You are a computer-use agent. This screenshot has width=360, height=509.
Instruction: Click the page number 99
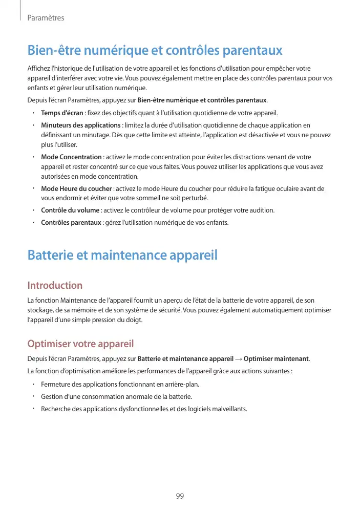pyautogui.click(x=180, y=496)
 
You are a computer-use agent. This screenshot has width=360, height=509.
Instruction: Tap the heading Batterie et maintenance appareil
pyautogui.click(x=122, y=255)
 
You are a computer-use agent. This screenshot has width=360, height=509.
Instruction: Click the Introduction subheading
pyautogui.click(x=55, y=285)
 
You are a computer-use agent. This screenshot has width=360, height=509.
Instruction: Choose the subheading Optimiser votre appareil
pyautogui.click(x=80, y=343)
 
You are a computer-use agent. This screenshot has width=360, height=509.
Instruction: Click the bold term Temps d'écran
pyautogui.click(x=62, y=113)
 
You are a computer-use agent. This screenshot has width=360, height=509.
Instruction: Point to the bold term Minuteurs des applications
pyautogui.click(x=80, y=125)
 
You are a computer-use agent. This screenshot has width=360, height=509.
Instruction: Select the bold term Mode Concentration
pyautogui.click(x=71, y=157)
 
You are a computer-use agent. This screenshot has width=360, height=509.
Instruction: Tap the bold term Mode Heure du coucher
pyautogui.click(x=76, y=189)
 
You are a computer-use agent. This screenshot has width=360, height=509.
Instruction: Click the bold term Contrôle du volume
pyautogui.click(x=70, y=210)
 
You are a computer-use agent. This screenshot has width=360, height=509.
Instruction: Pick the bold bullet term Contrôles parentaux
pyautogui.click(x=71, y=223)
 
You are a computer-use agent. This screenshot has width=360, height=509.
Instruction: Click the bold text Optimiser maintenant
pyautogui.click(x=277, y=358)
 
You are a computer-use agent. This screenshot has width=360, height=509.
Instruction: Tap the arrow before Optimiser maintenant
pyautogui.click(x=239, y=358)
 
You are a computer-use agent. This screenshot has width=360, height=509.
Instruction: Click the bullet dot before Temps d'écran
pyautogui.click(x=33, y=113)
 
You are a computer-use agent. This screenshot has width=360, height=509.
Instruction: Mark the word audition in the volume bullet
pyautogui.click(x=262, y=210)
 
